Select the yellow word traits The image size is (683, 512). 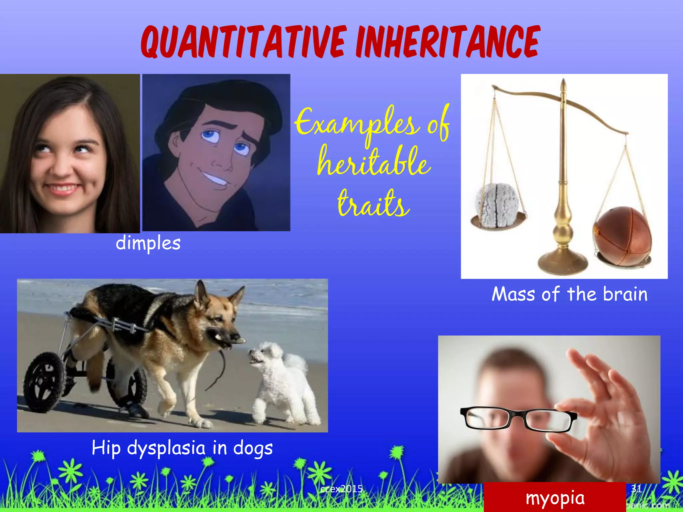tap(374, 203)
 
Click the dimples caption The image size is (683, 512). tap(148, 243)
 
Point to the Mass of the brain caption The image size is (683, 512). tap(569, 294)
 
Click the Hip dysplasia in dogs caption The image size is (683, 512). tap(182, 448)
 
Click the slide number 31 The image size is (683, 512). tap(636, 489)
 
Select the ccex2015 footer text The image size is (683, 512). tap(341, 489)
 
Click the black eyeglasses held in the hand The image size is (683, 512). tap(517, 418)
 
